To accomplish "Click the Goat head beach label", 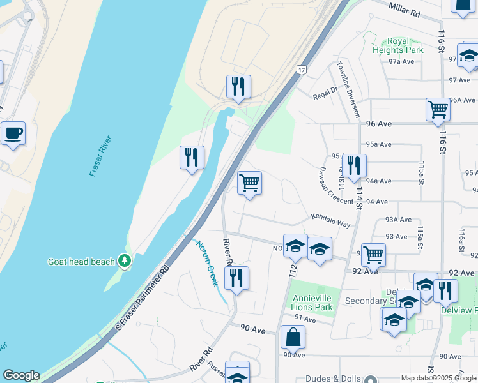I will [81, 262].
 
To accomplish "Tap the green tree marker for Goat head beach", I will [124, 261].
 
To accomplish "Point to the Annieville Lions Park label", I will [312, 303].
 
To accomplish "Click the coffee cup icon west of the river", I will [13, 133].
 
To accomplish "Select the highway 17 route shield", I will [300, 69].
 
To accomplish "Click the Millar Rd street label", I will [406, 8].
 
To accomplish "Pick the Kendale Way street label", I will [331, 221].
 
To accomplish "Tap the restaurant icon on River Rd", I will [236, 278].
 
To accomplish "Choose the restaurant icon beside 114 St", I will [354, 165].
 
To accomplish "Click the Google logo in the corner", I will [21, 375].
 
